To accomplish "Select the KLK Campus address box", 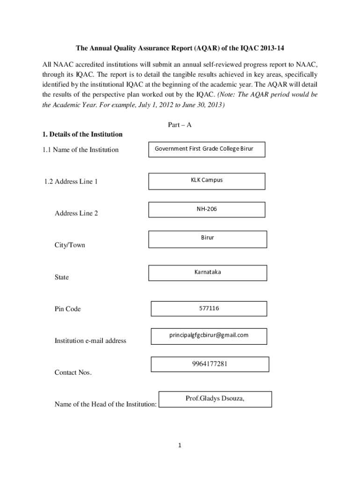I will click(207, 180).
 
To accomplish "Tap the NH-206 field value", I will click(207, 209).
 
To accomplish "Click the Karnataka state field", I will click(208, 272).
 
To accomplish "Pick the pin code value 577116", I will click(209, 308).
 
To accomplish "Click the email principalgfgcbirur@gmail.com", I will click(209, 335).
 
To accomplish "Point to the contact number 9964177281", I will click(210, 363).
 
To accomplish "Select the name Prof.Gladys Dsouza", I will click(215, 399).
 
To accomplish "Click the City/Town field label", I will click(70, 245).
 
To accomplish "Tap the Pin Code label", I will click(68, 309).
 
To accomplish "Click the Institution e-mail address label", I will click(90, 341).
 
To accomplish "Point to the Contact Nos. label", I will click(73, 373).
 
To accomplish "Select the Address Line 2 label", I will click(76, 213).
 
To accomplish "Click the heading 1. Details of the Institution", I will click(82, 135).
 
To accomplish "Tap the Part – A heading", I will click(180, 125).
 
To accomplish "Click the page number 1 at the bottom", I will click(180, 445).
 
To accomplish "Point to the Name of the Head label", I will click(106, 404).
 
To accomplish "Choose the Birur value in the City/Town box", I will click(208, 238).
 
